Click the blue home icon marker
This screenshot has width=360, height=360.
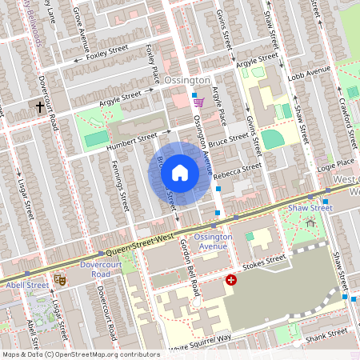pyautogui.click(x=180, y=172)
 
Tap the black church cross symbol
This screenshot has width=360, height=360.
pyautogui.click(x=40, y=106)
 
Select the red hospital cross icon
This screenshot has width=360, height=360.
pyautogui.click(x=231, y=280)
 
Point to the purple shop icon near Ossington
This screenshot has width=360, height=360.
pyautogui.click(x=198, y=102)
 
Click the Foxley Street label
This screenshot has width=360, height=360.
pyautogui.click(x=106, y=54)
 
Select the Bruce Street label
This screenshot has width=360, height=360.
pyautogui.click(x=229, y=138)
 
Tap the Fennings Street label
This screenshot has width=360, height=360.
pyautogui.click(x=123, y=185)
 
